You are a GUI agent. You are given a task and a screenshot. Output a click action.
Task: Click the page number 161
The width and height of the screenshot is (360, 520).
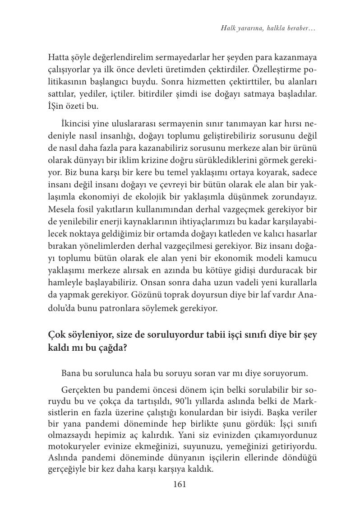click(180, 485)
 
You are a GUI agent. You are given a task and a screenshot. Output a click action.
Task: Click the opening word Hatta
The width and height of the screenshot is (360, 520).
click(58, 57)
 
